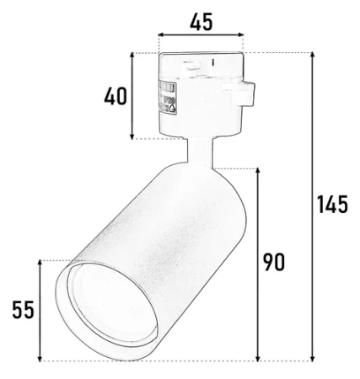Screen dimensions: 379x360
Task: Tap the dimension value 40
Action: click(115, 95)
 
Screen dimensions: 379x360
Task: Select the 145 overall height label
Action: click(331, 206)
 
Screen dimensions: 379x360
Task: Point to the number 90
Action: click(271, 262)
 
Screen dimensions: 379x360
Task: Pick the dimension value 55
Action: click(23, 311)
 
